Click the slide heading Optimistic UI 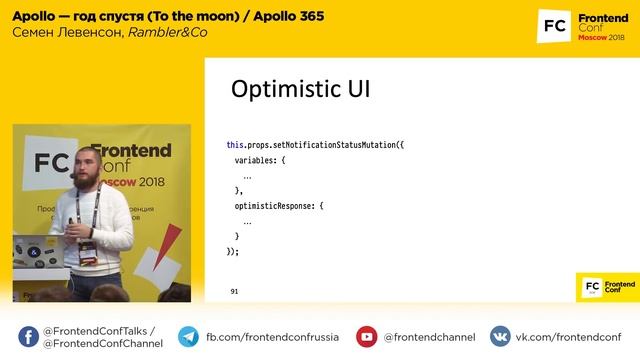coord(300,89)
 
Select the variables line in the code coord(260,160)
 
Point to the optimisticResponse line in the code coord(279,206)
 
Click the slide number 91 coord(234,292)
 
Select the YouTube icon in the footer coord(367,337)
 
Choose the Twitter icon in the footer coord(26,337)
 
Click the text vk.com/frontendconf coord(568,337)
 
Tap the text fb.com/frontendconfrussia coord(272,337)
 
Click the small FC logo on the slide coord(593,286)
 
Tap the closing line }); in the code coord(233,251)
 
